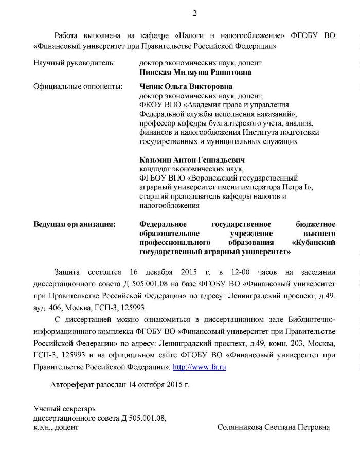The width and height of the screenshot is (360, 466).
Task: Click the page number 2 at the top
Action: [195, 13]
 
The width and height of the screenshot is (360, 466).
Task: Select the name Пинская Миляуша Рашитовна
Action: [195, 73]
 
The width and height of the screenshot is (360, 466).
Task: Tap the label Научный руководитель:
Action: [74, 63]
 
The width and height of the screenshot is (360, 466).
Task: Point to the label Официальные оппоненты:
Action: [78, 87]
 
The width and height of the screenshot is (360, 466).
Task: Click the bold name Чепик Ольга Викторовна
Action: [186, 87]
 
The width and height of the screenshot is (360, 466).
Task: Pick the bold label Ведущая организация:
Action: [75, 224]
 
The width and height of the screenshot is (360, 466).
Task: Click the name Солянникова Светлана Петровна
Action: [274, 427]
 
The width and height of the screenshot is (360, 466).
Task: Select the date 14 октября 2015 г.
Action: [159, 384]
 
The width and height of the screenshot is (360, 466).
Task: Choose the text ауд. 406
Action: [47, 308]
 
